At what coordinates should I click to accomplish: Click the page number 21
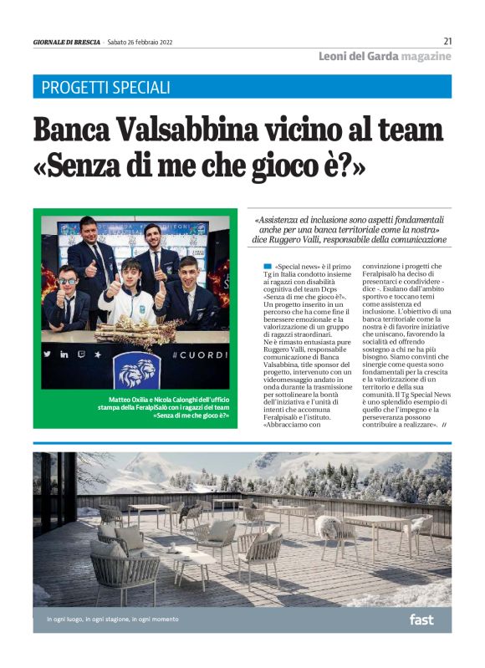[447, 41]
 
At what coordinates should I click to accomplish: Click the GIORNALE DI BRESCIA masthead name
[66, 43]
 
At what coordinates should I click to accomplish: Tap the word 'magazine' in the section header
[426, 56]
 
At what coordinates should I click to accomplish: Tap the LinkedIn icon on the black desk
[64, 354]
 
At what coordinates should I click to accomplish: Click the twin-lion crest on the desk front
[137, 368]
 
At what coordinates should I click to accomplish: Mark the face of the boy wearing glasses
[67, 280]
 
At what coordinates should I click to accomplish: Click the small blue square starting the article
[267, 265]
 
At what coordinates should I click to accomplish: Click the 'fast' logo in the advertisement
[421, 619]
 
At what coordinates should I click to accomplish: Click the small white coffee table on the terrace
[194, 561]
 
